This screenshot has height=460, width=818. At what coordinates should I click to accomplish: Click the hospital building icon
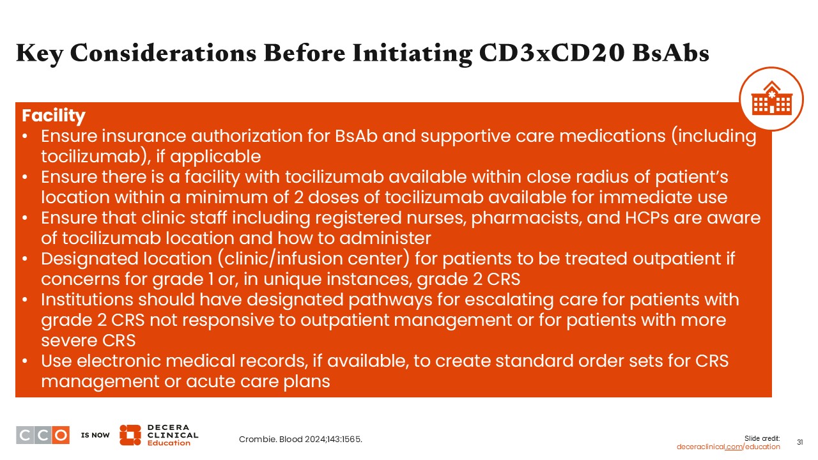[771, 98]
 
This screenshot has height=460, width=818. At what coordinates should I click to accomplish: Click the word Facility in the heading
[53, 116]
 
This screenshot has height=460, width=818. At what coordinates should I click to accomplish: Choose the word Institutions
[87, 300]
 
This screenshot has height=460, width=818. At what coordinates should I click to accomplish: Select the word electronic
[119, 361]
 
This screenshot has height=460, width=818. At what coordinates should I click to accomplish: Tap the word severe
[70, 341]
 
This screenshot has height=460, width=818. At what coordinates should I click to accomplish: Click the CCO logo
[43, 435]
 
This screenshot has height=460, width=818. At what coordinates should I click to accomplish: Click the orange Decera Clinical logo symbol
[130, 435]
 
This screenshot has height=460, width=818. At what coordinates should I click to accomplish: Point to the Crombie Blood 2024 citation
[300, 439]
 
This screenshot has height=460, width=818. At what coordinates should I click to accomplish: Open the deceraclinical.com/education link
[728, 447]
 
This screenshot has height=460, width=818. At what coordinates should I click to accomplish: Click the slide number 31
[799, 442]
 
